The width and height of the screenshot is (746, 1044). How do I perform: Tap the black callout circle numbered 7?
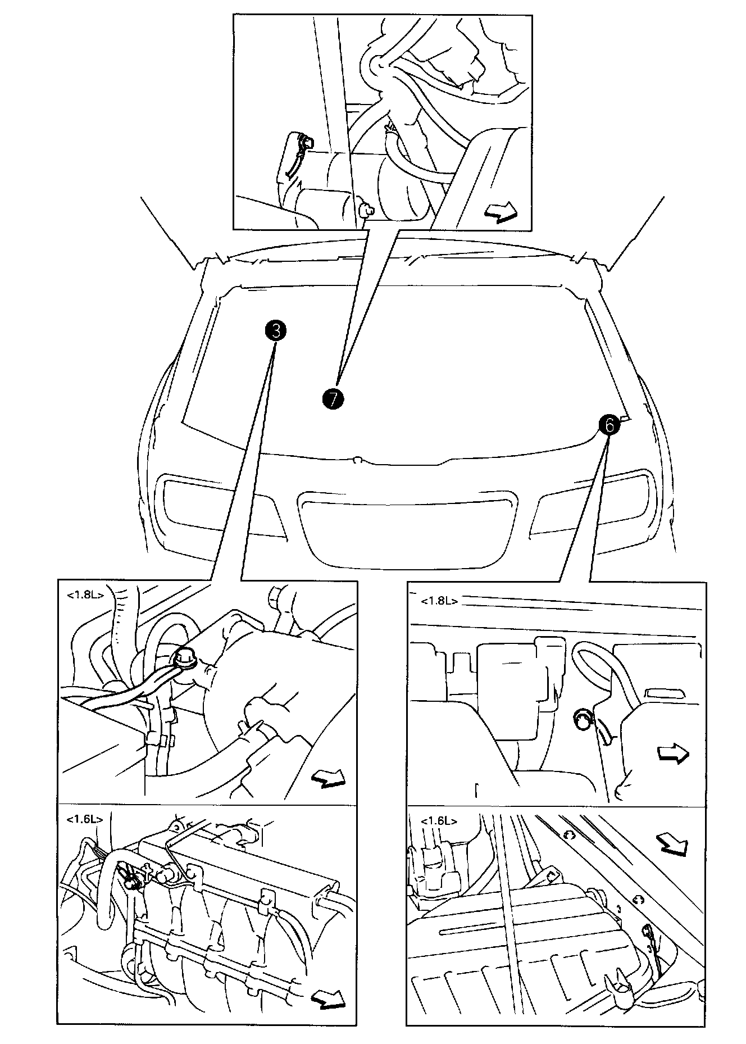(333, 398)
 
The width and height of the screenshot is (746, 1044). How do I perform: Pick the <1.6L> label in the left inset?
(85, 819)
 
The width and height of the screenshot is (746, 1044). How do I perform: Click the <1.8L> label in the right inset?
(439, 601)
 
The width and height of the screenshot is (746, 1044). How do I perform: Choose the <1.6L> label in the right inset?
(439, 820)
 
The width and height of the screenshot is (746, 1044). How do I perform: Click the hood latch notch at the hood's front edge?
(356, 460)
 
